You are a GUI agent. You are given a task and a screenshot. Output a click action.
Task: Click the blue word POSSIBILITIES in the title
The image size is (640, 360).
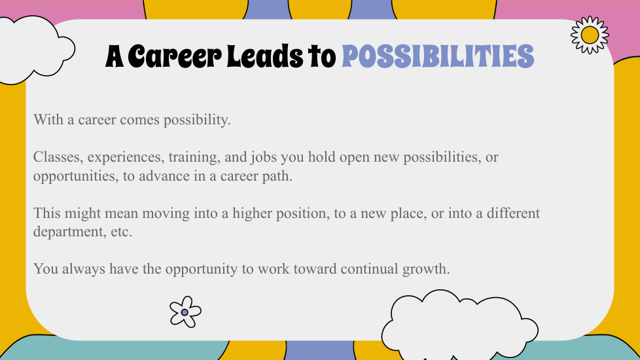(x=438, y=56)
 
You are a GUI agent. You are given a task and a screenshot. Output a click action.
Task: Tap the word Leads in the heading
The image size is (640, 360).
(x=264, y=56)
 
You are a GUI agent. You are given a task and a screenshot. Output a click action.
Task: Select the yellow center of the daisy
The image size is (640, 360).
(x=590, y=35)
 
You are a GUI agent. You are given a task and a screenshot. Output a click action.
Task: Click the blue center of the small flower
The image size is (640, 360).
(x=185, y=312)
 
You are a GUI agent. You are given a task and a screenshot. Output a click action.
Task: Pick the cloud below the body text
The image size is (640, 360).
(x=460, y=325)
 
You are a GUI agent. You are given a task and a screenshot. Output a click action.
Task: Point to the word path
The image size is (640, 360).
(x=279, y=176)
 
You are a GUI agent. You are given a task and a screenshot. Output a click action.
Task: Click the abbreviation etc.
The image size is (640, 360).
(x=122, y=232)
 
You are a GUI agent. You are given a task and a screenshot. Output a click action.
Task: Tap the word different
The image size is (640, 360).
(x=513, y=213)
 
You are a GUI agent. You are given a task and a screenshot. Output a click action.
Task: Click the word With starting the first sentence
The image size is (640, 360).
(x=48, y=120)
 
